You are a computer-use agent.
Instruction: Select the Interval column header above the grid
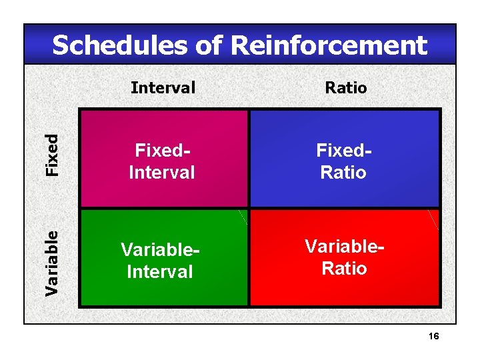(163, 87)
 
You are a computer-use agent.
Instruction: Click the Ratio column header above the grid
(345, 87)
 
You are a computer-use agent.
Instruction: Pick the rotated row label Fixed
(51, 155)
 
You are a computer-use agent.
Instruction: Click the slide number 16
(433, 336)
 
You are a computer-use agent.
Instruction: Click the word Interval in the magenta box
(162, 173)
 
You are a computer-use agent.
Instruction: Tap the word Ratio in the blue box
(344, 173)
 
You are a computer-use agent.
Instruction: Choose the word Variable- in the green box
(161, 249)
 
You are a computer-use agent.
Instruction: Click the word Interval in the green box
(160, 272)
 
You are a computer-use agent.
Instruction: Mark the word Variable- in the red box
(345, 245)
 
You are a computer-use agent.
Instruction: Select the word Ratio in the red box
(344, 269)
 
